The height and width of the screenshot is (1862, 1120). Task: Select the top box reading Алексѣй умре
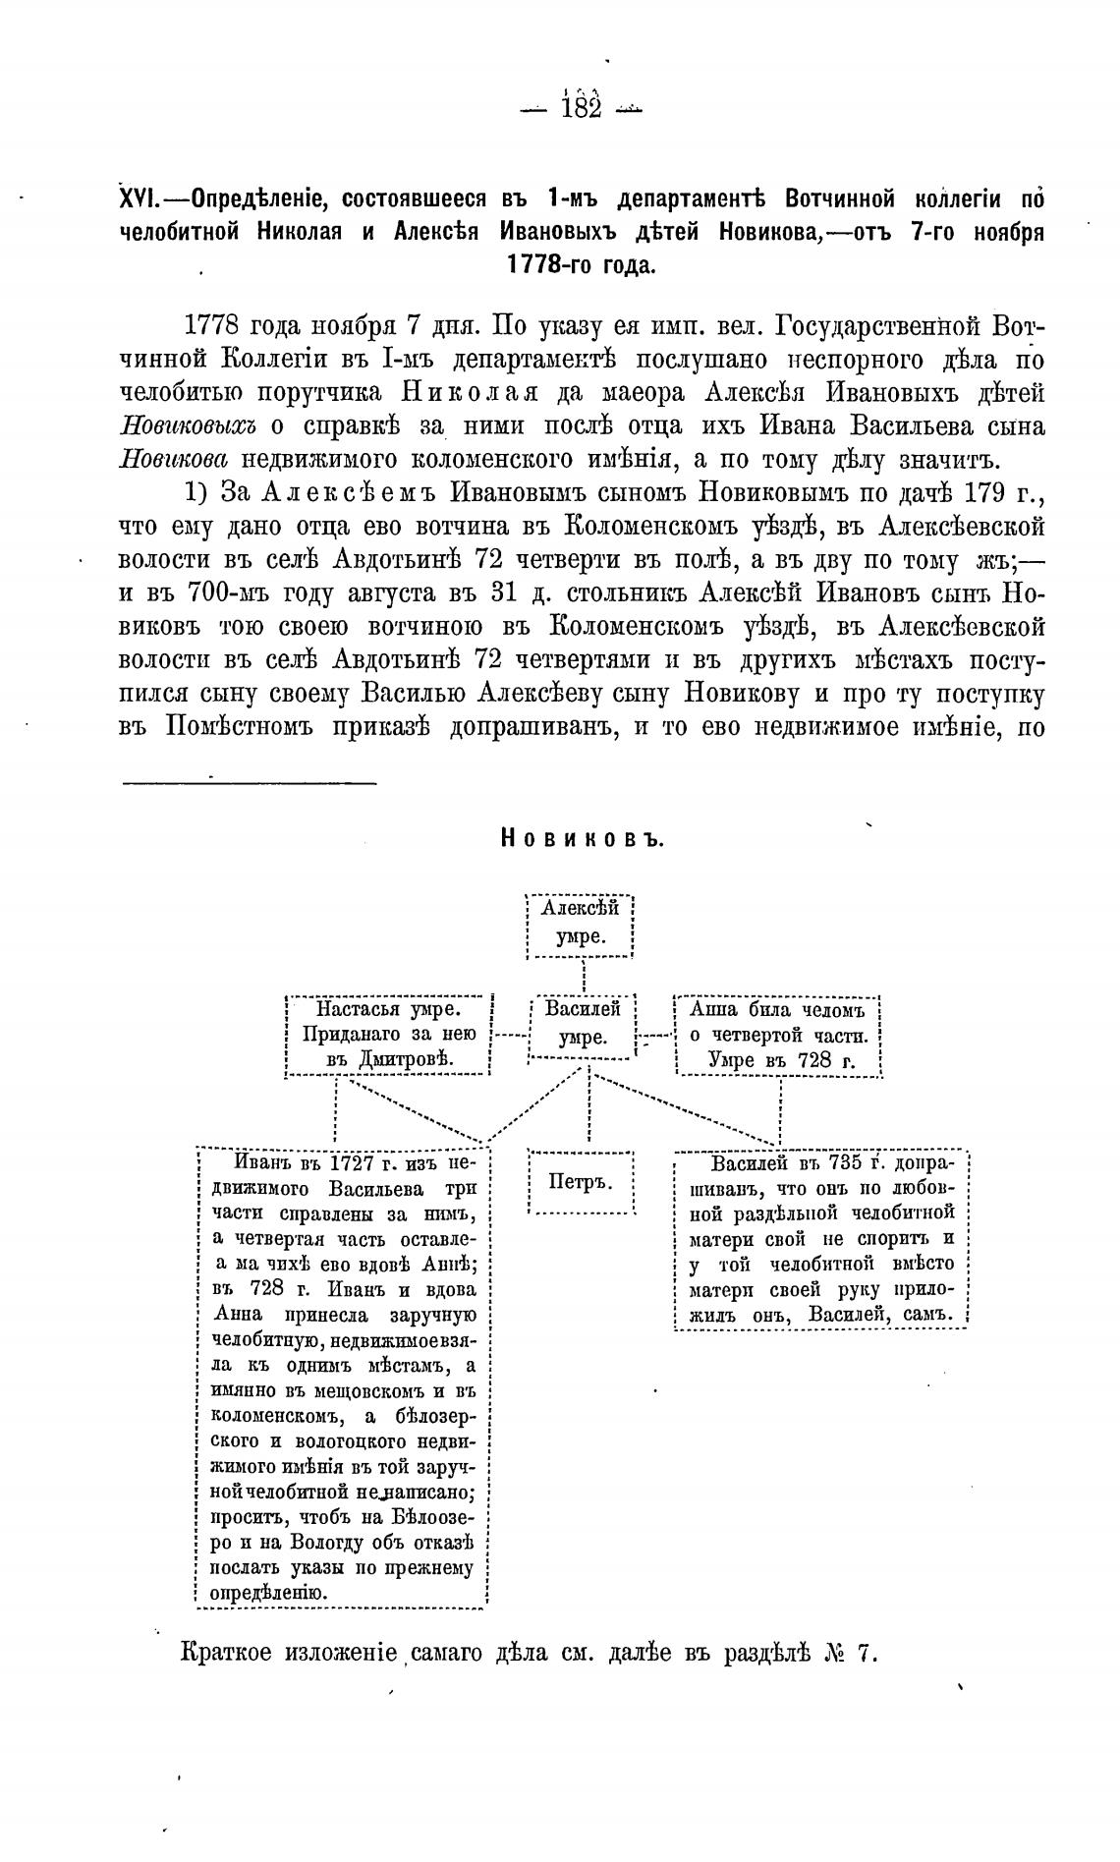point(580,924)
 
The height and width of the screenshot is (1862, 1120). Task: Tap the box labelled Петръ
point(580,1181)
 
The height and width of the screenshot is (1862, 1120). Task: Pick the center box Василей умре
point(583,1024)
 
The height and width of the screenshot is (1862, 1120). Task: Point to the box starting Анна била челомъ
point(777,1035)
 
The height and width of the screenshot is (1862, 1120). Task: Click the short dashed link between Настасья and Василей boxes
point(509,1035)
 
